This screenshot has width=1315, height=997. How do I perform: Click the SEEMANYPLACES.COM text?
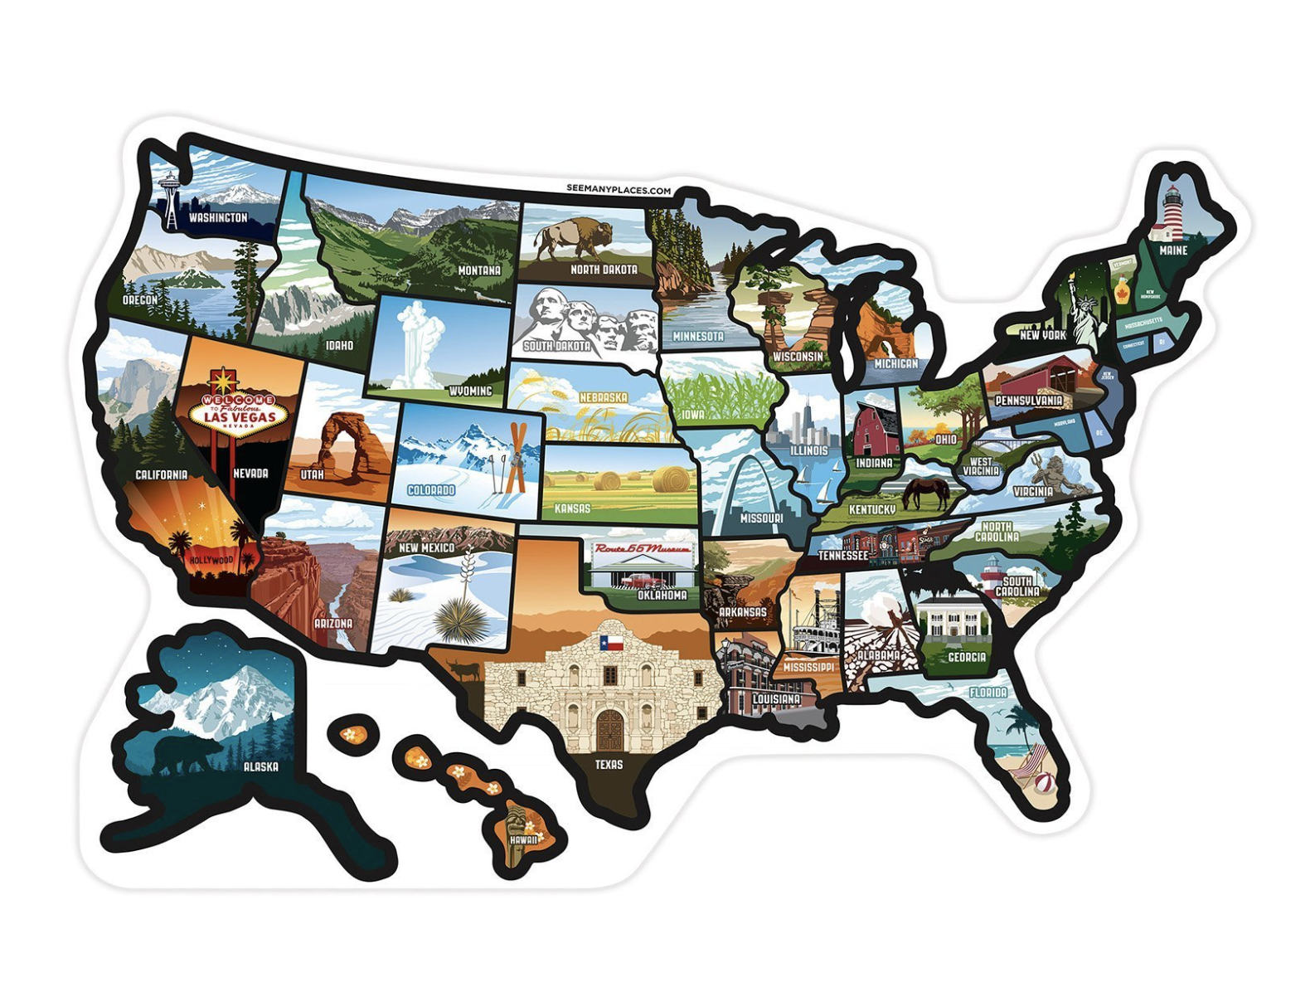tap(619, 190)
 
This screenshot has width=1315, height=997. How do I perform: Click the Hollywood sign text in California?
tap(211, 560)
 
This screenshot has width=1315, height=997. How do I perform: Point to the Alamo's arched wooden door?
tap(609, 731)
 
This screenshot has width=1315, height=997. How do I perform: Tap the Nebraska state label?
tap(603, 397)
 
